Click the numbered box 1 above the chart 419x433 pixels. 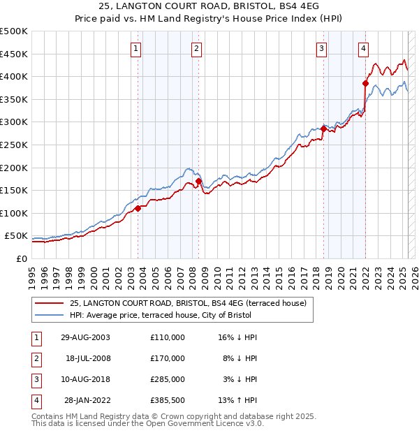(135, 48)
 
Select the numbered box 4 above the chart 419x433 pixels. (364, 48)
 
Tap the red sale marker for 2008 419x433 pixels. (198, 182)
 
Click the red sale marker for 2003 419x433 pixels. (138, 208)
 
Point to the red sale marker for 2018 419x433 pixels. (323, 129)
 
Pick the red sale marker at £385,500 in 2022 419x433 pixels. (365, 83)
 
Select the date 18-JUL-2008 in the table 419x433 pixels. (88, 358)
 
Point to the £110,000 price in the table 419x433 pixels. (167, 337)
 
